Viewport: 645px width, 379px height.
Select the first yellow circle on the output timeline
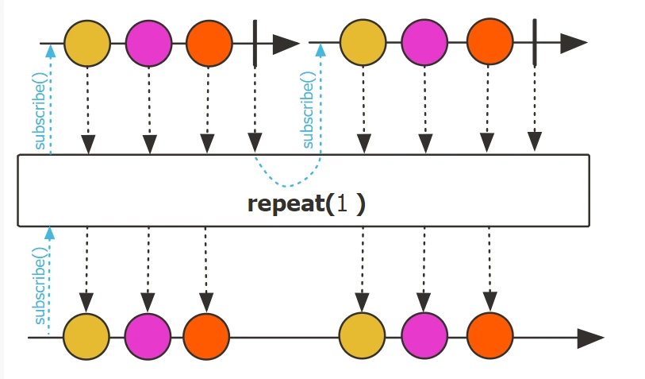[x=86, y=337]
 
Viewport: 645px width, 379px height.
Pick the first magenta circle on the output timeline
[x=148, y=337]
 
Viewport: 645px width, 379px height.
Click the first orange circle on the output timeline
[x=206, y=337]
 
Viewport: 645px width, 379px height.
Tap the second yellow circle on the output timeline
[x=362, y=337]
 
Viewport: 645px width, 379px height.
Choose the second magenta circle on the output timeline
[x=424, y=337]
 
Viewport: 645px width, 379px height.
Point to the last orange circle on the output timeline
[x=489, y=337]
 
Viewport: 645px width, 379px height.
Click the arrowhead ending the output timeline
[x=590, y=338]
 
